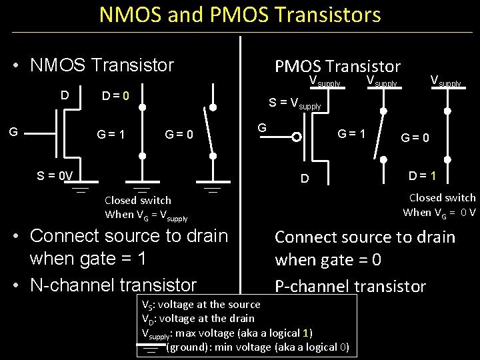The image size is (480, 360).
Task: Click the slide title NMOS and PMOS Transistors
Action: coord(240,15)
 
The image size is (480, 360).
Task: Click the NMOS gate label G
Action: coord(13,133)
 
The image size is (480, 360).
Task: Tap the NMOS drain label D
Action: coord(65,95)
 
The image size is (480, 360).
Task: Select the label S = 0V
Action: coord(55,176)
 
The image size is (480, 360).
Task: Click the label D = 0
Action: coord(115,97)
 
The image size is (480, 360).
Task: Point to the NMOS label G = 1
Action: coord(111,134)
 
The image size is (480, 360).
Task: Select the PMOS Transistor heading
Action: coord(337,66)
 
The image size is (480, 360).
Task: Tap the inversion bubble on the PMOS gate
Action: coord(297,138)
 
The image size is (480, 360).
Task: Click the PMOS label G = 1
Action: coord(351,133)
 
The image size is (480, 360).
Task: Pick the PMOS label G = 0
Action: coord(415,139)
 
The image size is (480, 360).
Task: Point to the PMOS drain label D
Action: coord(304,179)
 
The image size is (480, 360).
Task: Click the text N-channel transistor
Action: coord(113,285)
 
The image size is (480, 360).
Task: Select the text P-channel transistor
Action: coord(350,287)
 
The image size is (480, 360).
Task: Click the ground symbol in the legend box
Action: coord(151,347)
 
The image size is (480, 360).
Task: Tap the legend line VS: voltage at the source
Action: coord(201,304)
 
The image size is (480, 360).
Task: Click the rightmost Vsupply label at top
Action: coord(445,81)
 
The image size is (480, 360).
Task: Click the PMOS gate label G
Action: coord(262,126)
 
